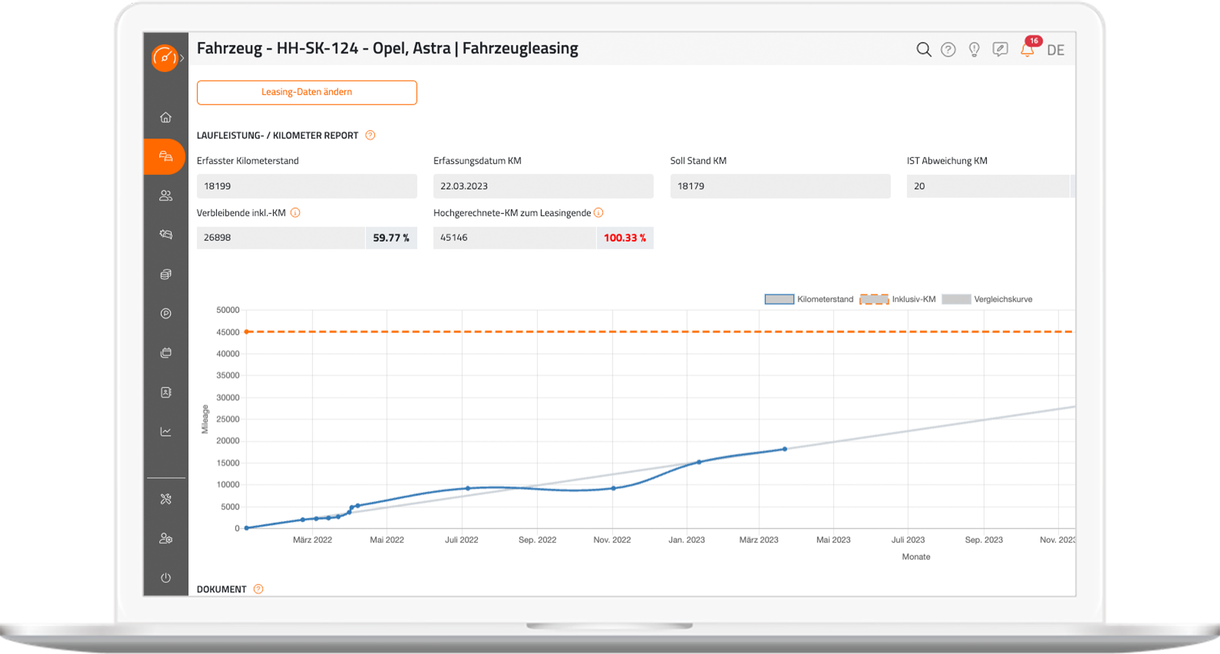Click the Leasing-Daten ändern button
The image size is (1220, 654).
point(306,92)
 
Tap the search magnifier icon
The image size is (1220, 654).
point(923,50)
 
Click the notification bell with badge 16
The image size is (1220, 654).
point(1027,50)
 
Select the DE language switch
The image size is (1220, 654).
point(1055,50)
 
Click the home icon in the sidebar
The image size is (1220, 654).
point(165,117)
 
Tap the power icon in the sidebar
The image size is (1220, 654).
point(165,578)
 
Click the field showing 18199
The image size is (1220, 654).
point(306,186)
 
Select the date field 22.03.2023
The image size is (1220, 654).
point(543,186)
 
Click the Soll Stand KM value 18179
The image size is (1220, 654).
point(780,186)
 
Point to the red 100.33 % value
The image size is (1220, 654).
point(624,238)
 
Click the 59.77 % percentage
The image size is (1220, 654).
point(391,238)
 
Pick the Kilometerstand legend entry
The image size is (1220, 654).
point(809,299)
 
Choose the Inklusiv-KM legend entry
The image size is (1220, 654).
point(898,299)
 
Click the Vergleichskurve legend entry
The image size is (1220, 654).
point(987,299)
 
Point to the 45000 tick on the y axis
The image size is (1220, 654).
point(228,332)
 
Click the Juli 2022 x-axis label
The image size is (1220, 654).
point(461,540)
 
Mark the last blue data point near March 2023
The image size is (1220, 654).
point(784,449)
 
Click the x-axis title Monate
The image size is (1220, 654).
point(916,557)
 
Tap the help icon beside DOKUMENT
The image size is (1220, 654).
point(258,589)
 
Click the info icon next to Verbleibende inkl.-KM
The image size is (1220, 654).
point(295,213)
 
